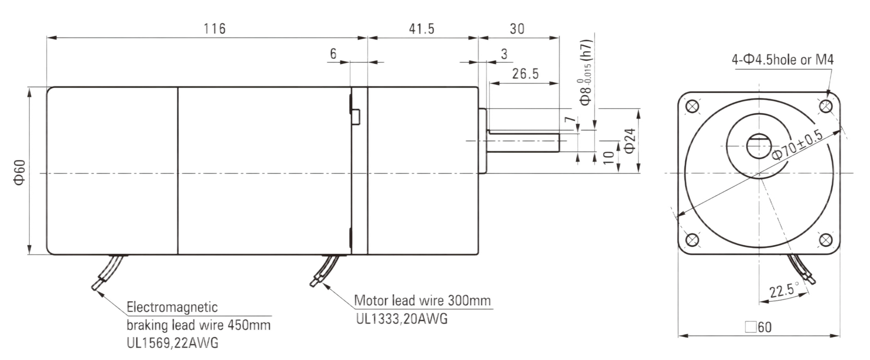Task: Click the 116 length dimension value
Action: tap(214, 29)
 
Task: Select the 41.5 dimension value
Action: tap(422, 29)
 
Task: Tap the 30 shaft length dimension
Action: tap(517, 29)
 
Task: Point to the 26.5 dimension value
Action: tap(525, 74)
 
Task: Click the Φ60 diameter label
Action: tap(20, 172)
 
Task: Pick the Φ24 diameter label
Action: tap(630, 141)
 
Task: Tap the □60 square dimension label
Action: tap(758, 327)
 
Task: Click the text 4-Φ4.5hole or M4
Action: tap(782, 59)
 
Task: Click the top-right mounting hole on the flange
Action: tap(826, 106)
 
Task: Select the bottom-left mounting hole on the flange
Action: tap(692, 240)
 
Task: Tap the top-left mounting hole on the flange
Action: tap(692, 106)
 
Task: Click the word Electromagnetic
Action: tap(172, 307)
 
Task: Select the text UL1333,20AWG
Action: tap(402, 319)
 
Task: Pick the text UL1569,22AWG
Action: tap(172, 343)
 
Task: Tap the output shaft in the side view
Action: tap(523, 142)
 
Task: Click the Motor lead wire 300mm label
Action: tap(422, 300)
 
